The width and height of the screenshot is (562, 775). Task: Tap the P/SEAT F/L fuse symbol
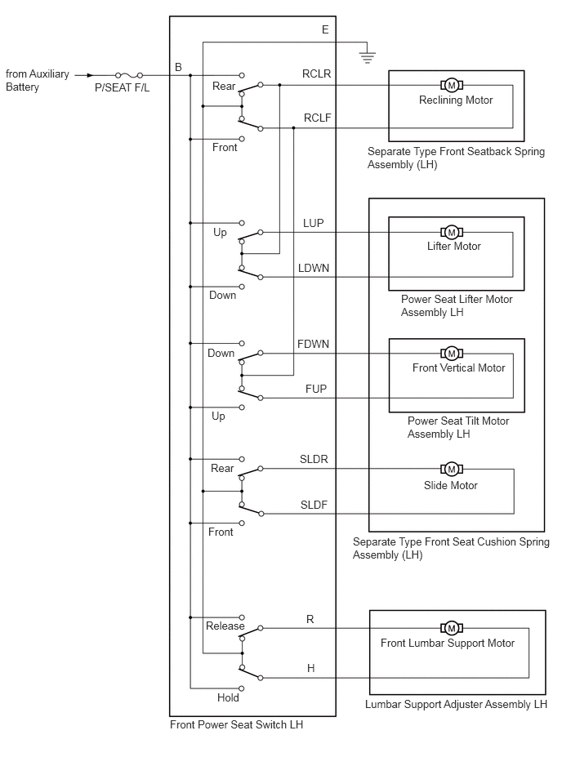point(129,75)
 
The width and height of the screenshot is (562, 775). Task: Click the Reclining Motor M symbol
point(451,86)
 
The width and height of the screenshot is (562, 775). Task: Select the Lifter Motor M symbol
point(451,232)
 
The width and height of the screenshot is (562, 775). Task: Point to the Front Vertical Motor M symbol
point(451,354)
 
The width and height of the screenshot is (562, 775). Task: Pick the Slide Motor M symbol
point(451,469)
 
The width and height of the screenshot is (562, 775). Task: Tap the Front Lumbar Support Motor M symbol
point(451,628)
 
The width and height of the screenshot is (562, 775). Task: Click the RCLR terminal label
point(316,73)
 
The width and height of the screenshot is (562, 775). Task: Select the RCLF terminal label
point(317,118)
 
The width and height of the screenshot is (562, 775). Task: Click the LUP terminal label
point(314,223)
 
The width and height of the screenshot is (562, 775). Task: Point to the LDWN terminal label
point(314,268)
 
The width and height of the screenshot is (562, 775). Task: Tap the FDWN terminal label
point(313,344)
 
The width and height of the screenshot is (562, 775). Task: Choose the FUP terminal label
point(316,389)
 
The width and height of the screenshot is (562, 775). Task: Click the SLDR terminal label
point(314,459)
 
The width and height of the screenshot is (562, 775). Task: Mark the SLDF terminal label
point(314,505)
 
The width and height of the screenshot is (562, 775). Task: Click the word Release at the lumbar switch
point(225,626)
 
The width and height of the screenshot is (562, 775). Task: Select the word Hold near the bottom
point(228,697)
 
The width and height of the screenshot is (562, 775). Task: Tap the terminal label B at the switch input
point(178,67)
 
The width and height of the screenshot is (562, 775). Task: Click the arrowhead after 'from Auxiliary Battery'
point(90,75)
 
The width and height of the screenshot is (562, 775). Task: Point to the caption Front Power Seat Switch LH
point(236,724)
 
